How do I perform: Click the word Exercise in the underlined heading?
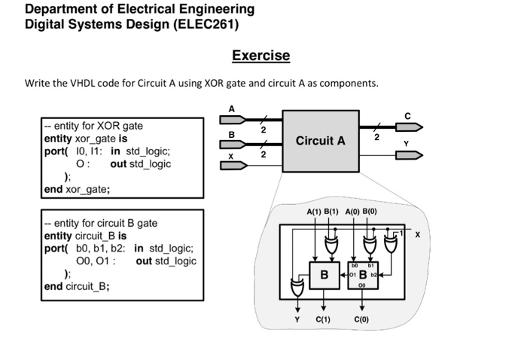click(260, 56)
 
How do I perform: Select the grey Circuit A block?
click(321, 141)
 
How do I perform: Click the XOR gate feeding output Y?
click(297, 288)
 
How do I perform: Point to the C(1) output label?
click(323, 319)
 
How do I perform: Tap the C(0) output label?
click(362, 319)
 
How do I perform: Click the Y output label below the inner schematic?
click(297, 319)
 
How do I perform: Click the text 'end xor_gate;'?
click(77, 189)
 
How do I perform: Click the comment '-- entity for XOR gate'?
click(94, 126)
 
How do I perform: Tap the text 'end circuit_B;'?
click(77, 286)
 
